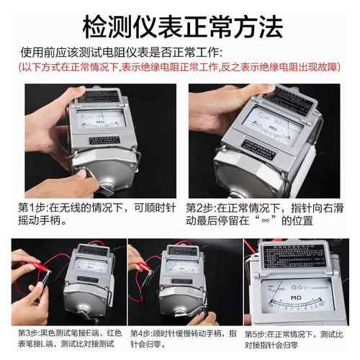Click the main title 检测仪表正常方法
click(x=179, y=27)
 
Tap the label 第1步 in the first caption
click(x=32, y=207)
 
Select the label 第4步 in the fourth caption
click(x=141, y=333)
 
